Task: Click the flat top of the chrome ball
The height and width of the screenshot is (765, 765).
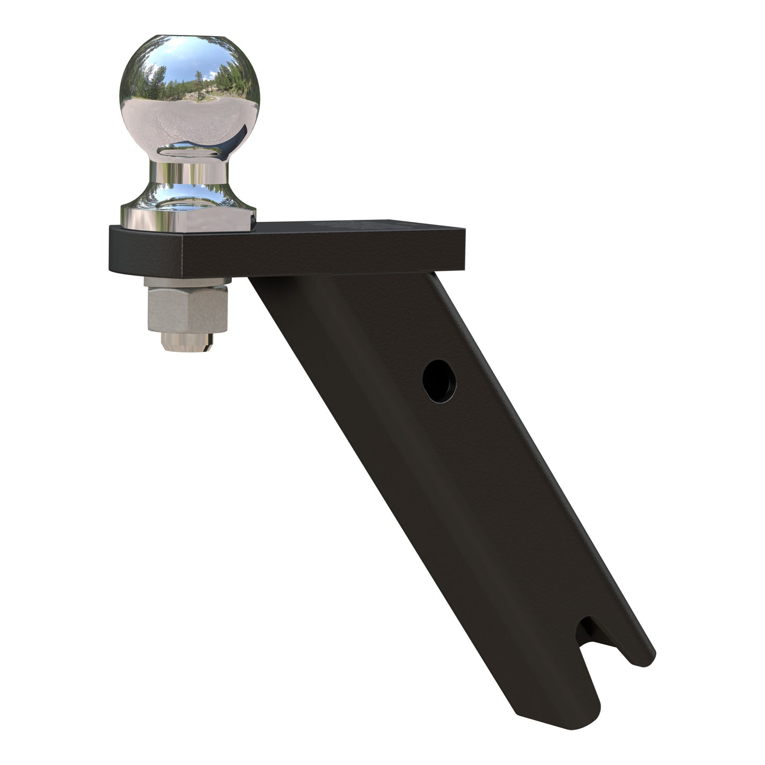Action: (190, 39)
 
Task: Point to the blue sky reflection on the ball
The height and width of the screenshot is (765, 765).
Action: (175, 58)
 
